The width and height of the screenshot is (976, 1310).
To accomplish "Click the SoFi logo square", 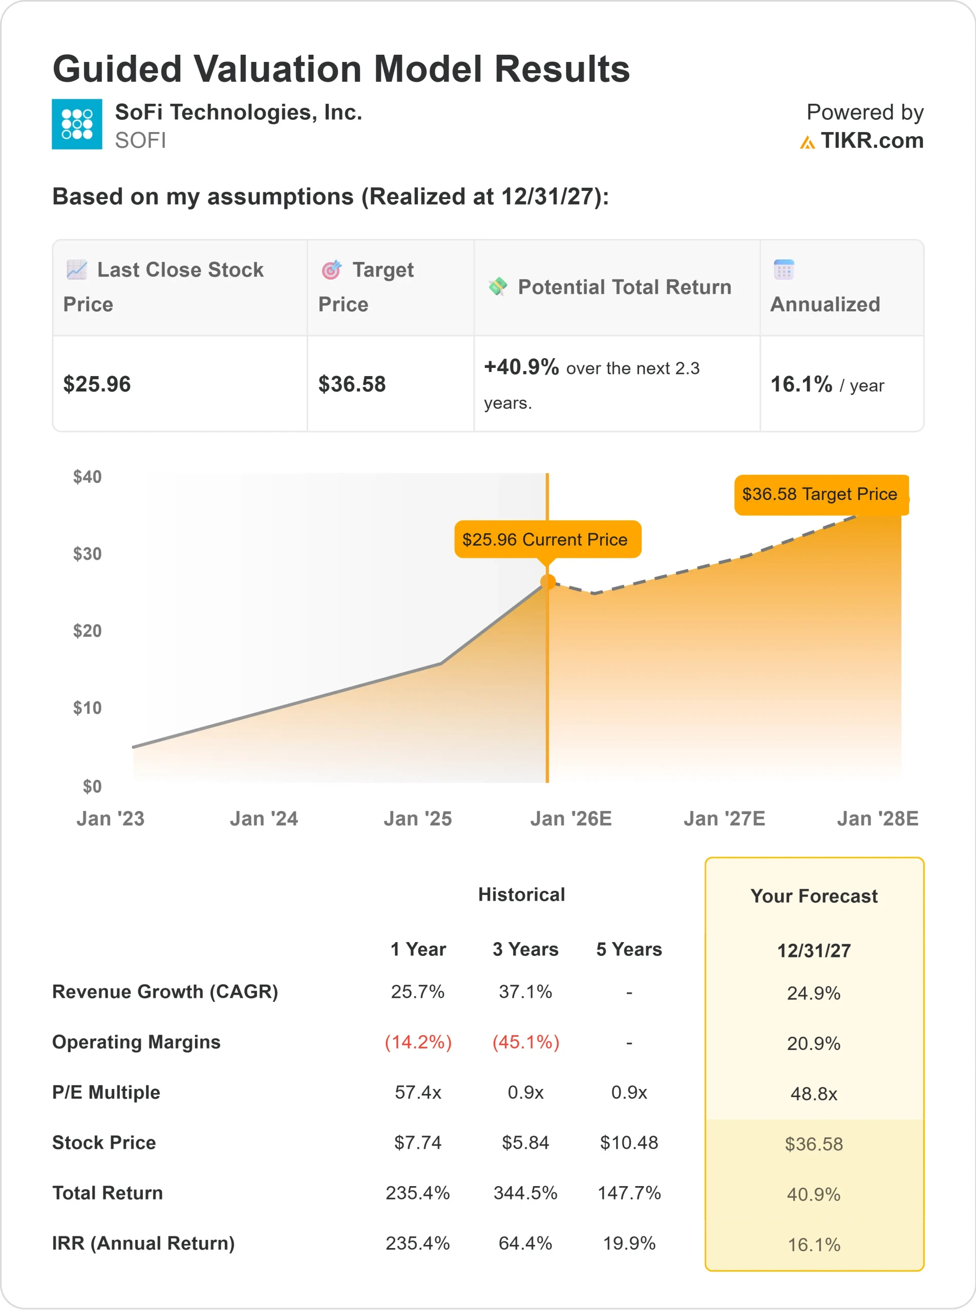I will pos(77,124).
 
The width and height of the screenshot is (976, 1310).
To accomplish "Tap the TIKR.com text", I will pos(872,141).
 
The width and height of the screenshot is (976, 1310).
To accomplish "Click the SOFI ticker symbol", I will pos(140,141).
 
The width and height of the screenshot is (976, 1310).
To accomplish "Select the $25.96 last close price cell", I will pos(97,384).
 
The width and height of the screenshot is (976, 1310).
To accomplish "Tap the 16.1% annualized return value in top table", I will pos(801,384).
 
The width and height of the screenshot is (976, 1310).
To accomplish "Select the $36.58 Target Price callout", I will pos(819,494).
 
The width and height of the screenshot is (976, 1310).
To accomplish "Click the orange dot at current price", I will pos(548,582).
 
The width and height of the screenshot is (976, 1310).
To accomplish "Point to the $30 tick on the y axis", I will pos(87,554).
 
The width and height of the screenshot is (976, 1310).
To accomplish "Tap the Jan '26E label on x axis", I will pos(571,819).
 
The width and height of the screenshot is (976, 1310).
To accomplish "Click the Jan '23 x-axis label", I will pos(111,819).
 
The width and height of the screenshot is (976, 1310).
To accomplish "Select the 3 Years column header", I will pos(525,949).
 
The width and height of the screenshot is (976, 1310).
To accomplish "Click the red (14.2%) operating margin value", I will pos(418,1042).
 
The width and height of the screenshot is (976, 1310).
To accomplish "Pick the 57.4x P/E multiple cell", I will pos(418,1092).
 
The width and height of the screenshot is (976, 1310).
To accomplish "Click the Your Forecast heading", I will pos(814,896).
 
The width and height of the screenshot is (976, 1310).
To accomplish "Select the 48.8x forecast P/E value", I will pos(814,1094).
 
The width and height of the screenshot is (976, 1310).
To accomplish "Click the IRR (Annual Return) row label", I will pos(143,1243).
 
